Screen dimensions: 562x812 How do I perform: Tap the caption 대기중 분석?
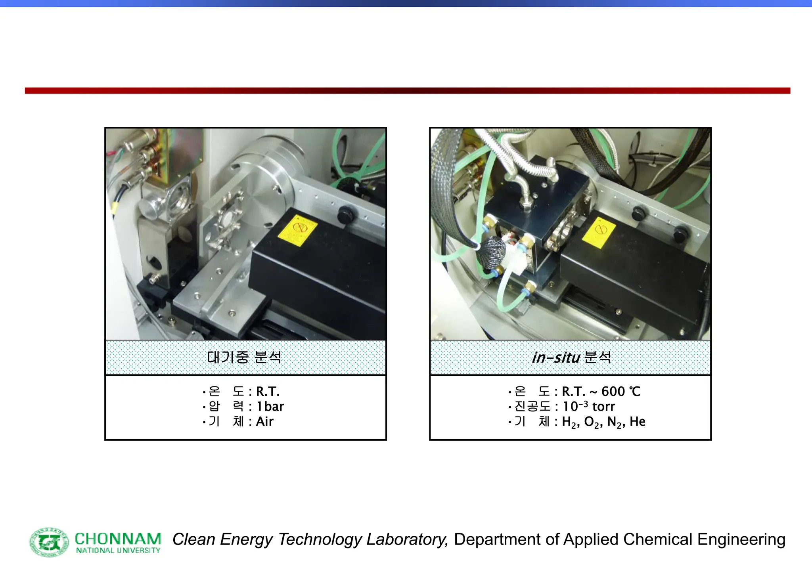click(x=244, y=357)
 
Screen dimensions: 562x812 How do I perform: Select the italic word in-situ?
click(x=556, y=357)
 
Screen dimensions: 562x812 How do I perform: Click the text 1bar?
click(x=270, y=407)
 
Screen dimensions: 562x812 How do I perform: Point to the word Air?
click(x=264, y=422)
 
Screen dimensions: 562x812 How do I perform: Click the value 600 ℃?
click(x=621, y=392)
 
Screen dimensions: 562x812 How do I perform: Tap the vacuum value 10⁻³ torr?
click(x=588, y=407)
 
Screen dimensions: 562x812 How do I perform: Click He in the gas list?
click(x=637, y=422)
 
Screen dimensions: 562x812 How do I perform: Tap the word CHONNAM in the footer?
click(x=118, y=539)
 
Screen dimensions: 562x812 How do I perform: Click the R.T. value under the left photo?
click(x=268, y=392)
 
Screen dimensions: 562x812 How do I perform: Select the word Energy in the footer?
click(x=246, y=540)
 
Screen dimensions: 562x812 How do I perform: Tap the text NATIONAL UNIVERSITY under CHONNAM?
click(x=118, y=551)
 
